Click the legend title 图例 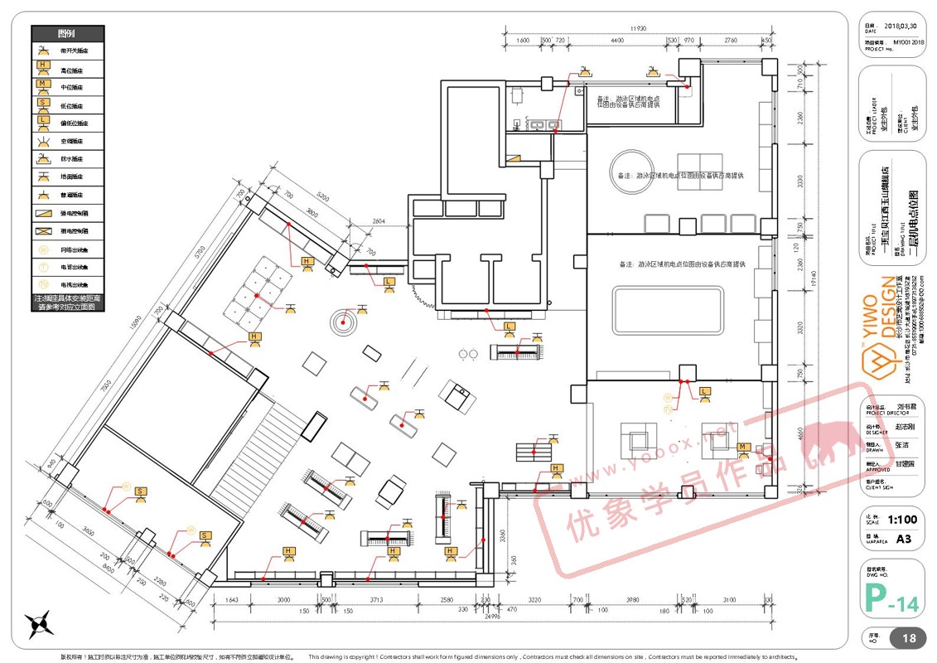pyautogui.click(x=66, y=34)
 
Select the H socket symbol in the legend pyautogui.click(x=43, y=68)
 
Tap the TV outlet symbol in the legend pyautogui.click(x=43, y=284)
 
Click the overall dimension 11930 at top pyautogui.click(x=637, y=29)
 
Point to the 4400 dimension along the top pyautogui.click(x=616, y=41)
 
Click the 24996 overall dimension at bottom pyautogui.click(x=493, y=616)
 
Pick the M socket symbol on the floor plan pyautogui.click(x=743, y=448)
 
